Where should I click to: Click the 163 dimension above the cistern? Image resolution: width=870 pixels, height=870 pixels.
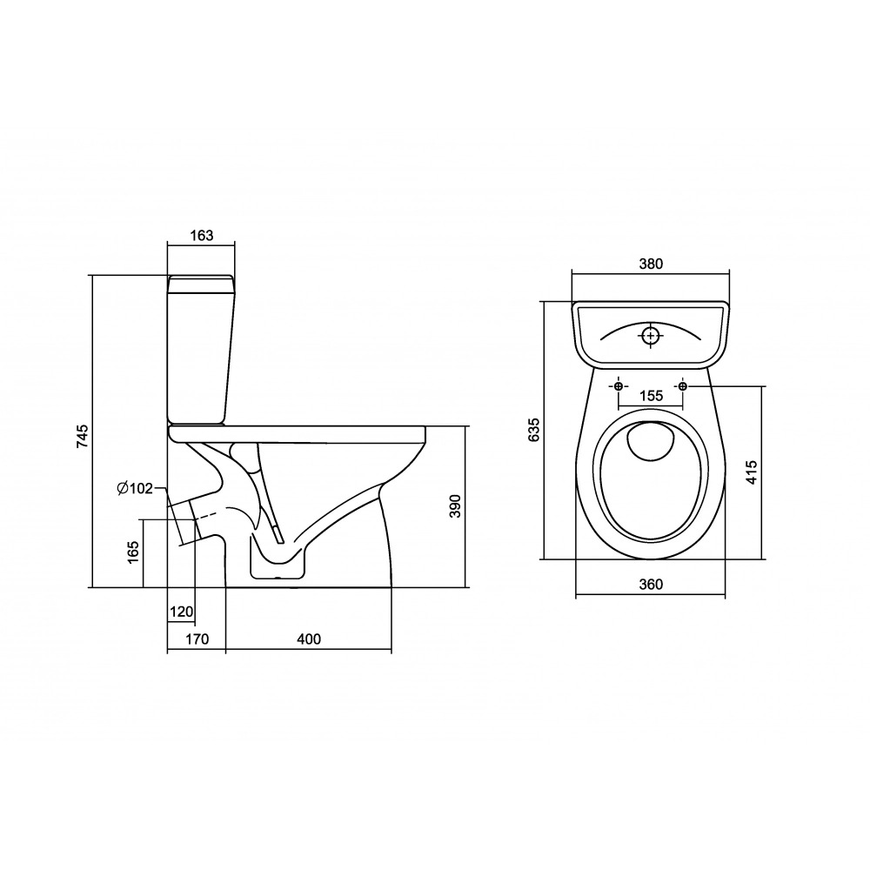pyautogui.click(x=202, y=235)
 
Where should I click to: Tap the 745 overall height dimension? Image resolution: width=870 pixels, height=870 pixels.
pyautogui.click(x=82, y=436)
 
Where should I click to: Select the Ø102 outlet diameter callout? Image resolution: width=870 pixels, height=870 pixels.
pyautogui.click(x=134, y=488)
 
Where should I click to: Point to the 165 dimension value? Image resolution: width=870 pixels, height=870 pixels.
pyautogui.click(x=133, y=552)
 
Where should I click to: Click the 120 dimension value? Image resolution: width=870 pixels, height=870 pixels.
pyautogui.click(x=182, y=612)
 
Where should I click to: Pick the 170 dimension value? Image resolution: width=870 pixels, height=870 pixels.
pyautogui.click(x=197, y=639)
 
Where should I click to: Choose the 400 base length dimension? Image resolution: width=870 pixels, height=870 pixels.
pyautogui.click(x=309, y=639)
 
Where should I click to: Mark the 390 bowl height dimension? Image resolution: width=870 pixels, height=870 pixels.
pyautogui.click(x=455, y=506)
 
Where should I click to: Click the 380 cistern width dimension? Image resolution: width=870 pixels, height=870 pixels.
pyautogui.click(x=651, y=264)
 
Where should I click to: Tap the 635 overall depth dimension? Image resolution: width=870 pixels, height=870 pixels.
pyautogui.click(x=534, y=430)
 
